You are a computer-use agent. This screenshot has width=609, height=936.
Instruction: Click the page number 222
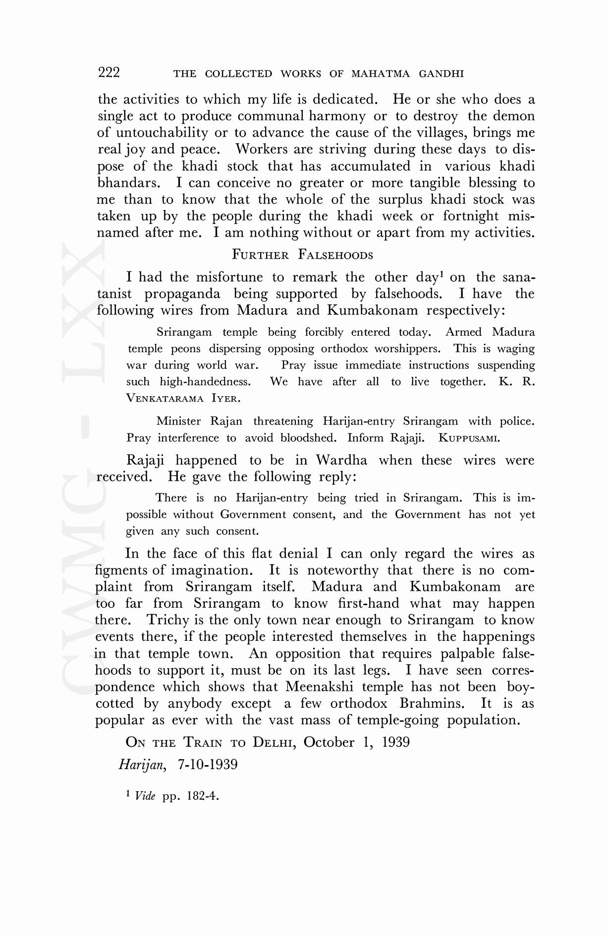pos(109,73)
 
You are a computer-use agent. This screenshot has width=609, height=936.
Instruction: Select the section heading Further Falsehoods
pos(302,255)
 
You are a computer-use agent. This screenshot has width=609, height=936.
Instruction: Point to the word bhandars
pos(128,183)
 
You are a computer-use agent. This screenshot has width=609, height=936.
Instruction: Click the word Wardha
pos(341,460)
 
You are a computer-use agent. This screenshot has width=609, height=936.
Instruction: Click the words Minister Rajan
pos(199,421)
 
